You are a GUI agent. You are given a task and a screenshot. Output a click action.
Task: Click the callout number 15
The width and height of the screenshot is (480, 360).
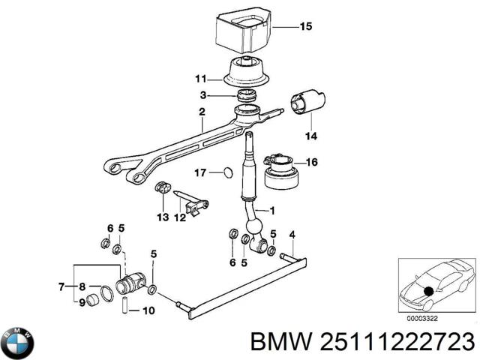(304, 27)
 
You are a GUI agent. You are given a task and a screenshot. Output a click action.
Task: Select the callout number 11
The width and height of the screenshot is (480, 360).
(199, 79)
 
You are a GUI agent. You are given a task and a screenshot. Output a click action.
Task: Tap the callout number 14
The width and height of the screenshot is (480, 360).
(310, 136)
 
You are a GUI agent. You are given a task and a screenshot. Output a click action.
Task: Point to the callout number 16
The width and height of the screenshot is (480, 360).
(313, 161)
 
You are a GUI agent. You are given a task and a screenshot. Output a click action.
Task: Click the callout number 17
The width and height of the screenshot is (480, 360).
(199, 173)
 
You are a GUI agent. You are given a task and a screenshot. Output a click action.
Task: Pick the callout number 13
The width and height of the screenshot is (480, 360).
(163, 217)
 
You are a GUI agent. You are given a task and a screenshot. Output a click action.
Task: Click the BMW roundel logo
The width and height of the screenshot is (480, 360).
(17, 343)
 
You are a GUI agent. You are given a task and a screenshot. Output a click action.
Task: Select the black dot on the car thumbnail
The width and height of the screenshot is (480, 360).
(428, 291)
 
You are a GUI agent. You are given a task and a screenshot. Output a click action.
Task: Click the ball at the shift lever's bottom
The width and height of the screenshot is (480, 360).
(255, 227)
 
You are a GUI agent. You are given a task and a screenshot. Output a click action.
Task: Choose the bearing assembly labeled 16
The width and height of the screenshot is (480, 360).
(280, 171)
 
